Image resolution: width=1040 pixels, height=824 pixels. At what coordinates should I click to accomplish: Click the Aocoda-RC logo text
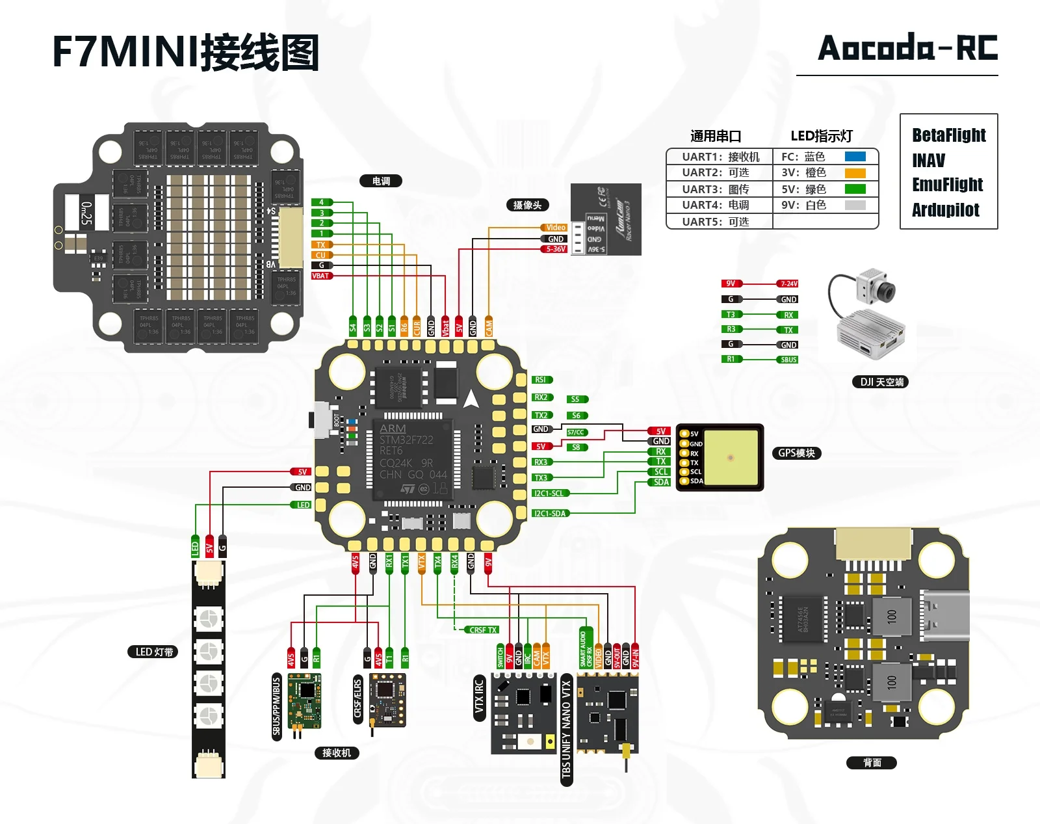tap(907, 48)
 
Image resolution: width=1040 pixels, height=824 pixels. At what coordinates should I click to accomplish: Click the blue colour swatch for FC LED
tap(855, 157)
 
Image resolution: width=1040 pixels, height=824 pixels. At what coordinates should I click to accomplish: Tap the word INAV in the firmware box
tap(928, 161)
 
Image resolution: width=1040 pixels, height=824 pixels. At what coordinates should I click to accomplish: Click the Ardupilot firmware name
tap(945, 210)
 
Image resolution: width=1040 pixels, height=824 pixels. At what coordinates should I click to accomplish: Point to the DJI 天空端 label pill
tap(880, 382)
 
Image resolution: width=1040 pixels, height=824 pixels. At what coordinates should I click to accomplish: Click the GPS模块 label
tap(796, 453)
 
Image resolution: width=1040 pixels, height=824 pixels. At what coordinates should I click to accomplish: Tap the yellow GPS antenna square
tap(730, 457)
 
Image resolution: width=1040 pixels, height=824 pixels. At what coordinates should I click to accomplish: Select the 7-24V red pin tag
tap(788, 284)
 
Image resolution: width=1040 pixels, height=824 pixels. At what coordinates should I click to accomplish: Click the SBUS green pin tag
tap(788, 360)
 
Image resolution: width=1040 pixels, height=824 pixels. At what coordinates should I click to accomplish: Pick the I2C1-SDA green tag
tap(550, 513)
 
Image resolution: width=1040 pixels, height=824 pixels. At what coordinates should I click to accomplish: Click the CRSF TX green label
tap(483, 630)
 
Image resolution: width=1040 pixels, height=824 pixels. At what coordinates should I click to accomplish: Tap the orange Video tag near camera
tap(554, 228)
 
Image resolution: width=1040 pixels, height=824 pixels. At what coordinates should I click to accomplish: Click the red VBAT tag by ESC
tap(321, 276)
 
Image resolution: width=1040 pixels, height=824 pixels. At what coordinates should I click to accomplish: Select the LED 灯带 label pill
tap(153, 652)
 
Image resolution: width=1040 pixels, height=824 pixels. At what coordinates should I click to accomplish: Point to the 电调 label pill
tap(381, 181)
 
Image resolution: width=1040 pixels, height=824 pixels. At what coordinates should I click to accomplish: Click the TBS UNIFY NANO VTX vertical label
tap(566, 728)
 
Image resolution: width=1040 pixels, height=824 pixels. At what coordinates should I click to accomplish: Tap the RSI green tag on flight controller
tap(541, 380)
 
